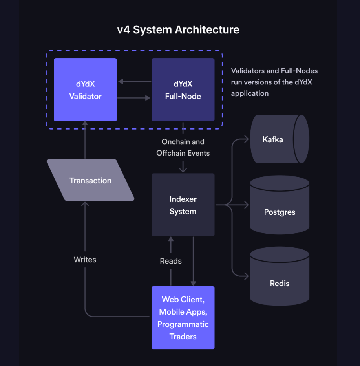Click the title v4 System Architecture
coord(178,30)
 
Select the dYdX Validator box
coord(85,90)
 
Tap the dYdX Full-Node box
coord(183,90)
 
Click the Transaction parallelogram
coord(90,180)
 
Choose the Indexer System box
coord(183,205)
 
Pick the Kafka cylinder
coord(279,139)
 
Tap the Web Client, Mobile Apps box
coord(183,317)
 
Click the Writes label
coord(85,260)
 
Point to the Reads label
coord(171,261)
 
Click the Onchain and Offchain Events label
coord(183,147)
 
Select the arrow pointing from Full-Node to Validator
coord(134,82)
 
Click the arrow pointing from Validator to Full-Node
coord(134,98)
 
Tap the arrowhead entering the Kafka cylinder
coord(246,139)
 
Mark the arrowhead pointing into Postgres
coord(246,205)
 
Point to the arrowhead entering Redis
coord(246,276)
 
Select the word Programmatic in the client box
coord(183,324)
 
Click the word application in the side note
coord(250,93)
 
